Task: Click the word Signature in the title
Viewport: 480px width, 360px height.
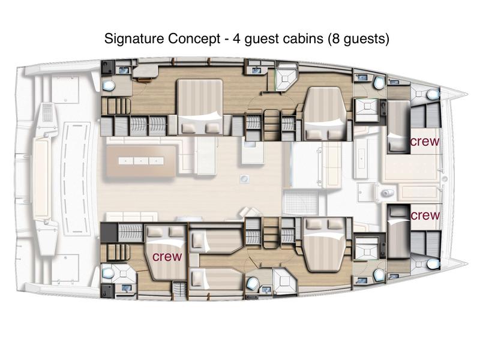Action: (x=130, y=40)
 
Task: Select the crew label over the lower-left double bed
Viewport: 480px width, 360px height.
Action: (x=167, y=256)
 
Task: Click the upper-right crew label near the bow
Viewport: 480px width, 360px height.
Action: (x=425, y=142)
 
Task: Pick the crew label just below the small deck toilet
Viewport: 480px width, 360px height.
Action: (x=425, y=215)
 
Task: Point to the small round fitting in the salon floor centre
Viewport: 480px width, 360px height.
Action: (x=244, y=178)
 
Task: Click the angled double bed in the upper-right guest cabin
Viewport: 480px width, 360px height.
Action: (x=325, y=114)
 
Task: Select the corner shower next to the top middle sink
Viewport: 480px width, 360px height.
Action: (x=284, y=78)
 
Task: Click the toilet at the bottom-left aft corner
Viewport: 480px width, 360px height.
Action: (x=109, y=272)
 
